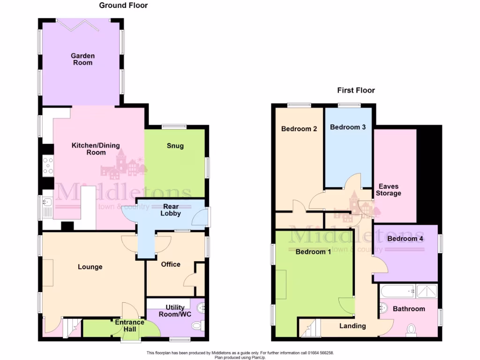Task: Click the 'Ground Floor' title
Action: [x=123, y=6]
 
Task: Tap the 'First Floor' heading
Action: [x=356, y=90]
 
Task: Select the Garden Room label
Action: [x=82, y=59]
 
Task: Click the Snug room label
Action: [x=175, y=146]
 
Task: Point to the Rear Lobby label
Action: [x=172, y=210]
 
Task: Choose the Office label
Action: [x=171, y=264]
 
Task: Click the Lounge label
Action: [x=90, y=267]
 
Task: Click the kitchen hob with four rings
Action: [x=48, y=165]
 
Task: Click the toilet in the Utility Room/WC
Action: [x=198, y=325]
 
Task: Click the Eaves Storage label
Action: [x=388, y=190]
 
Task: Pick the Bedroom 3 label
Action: [x=348, y=127]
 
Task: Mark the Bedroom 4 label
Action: [x=405, y=239]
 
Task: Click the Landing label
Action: [x=352, y=326]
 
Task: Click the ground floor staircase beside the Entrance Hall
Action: [x=71, y=326]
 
